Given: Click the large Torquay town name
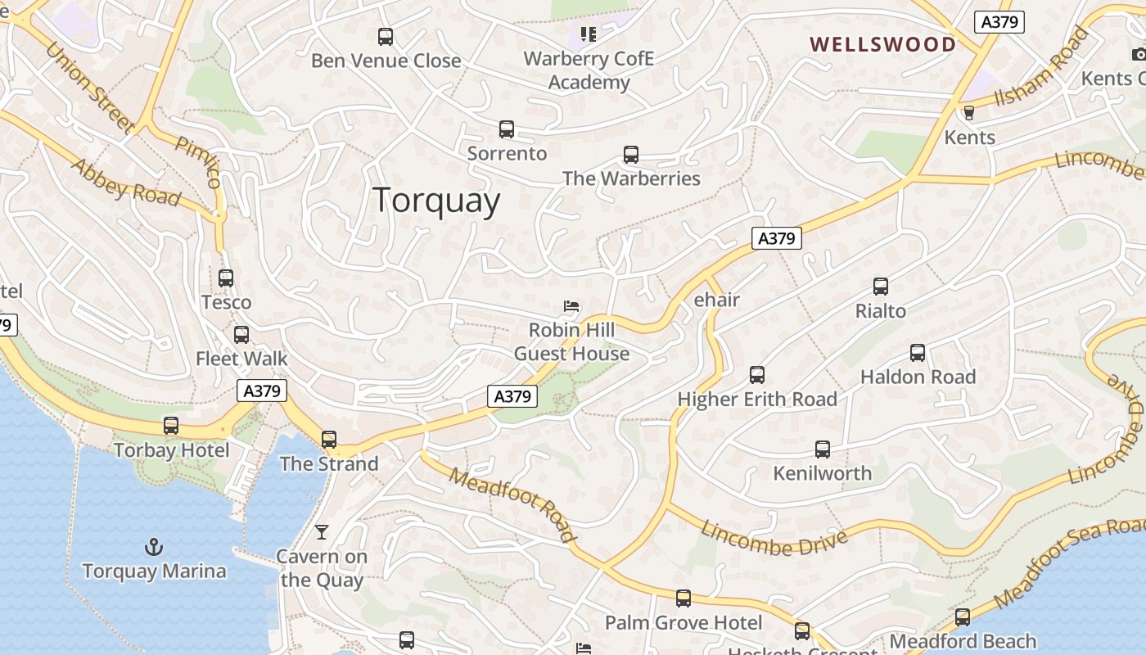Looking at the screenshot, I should (436, 201).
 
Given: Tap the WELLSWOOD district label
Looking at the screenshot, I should (882, 44).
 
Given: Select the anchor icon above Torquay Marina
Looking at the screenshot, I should (153, 546).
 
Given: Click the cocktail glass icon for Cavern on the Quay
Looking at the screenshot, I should (322, 532).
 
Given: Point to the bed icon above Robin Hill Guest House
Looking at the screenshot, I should (571, 307).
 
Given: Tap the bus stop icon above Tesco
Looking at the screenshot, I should (226, 278).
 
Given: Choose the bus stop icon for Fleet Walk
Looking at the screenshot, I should (241, 335).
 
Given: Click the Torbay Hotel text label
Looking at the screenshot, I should (172, 450).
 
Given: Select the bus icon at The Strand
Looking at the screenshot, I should (329, 440).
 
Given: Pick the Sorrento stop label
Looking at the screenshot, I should (507, 153).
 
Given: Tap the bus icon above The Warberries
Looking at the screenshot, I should (631, 155).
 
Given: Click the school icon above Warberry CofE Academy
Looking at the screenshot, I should (589, 34).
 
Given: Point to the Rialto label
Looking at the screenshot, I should (881, 311).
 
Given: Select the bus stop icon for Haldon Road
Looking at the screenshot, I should (918, 353).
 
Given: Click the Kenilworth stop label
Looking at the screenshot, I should (823, 473).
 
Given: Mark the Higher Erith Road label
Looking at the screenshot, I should (757, 400).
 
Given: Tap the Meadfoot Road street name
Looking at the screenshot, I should (512, 504).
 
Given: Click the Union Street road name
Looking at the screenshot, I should (90, 88).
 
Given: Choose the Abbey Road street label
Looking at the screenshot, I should (126, 183).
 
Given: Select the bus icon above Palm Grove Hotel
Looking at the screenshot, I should (684, 599).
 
